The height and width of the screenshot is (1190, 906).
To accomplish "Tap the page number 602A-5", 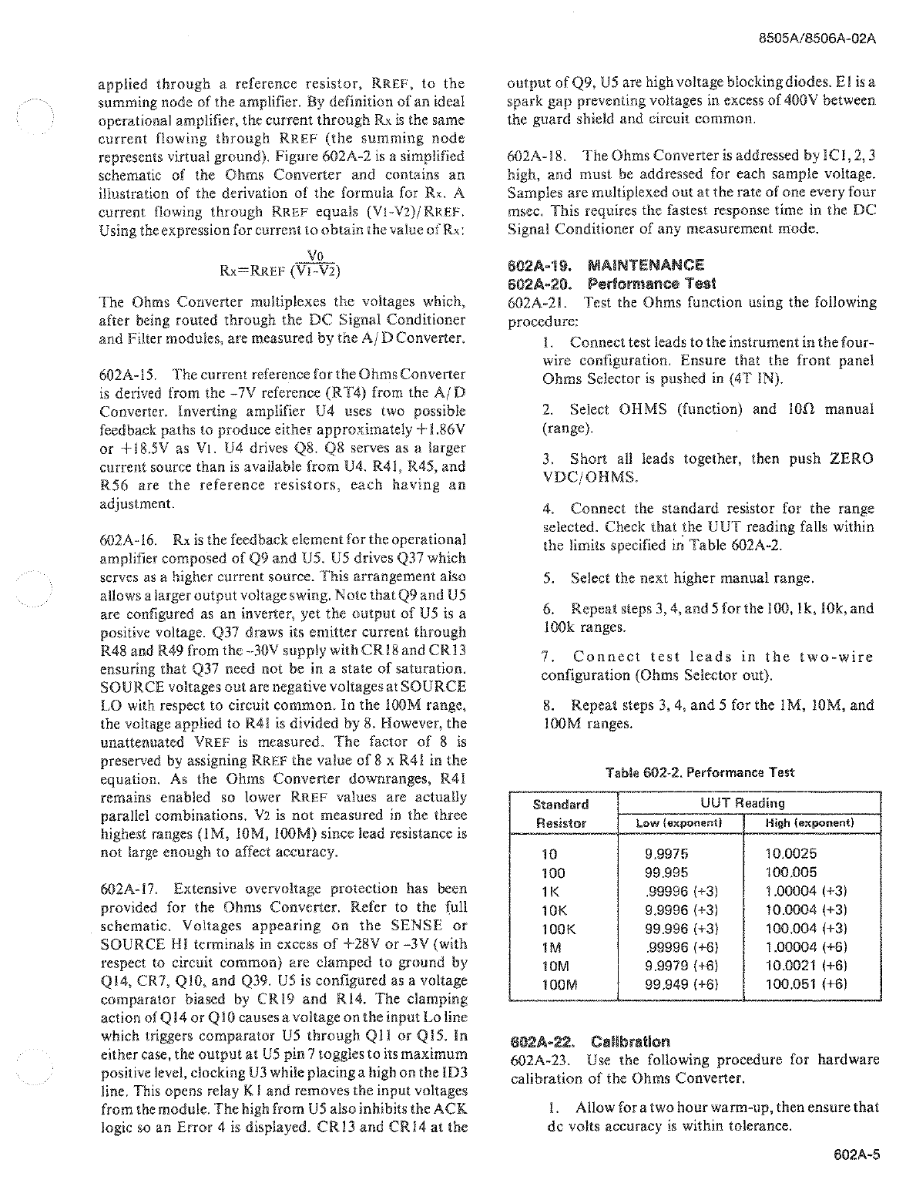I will coord(855,1155).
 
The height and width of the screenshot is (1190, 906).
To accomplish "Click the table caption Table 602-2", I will coord(700,772).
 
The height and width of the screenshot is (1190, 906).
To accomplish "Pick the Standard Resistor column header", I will coord(561,814).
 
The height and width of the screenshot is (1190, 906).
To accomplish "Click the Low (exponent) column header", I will coord(678,823).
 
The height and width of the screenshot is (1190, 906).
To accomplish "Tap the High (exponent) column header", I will coord(810,823).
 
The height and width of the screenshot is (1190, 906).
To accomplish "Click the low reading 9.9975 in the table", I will coord(666,854).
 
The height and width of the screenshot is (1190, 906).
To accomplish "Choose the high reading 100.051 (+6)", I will coord(807,983).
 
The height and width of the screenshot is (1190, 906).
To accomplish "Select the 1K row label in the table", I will coord(552,891).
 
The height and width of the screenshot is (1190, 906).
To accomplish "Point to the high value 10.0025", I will coord(791,854).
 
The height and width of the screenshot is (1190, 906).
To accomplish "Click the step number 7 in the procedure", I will coord(546,657).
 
